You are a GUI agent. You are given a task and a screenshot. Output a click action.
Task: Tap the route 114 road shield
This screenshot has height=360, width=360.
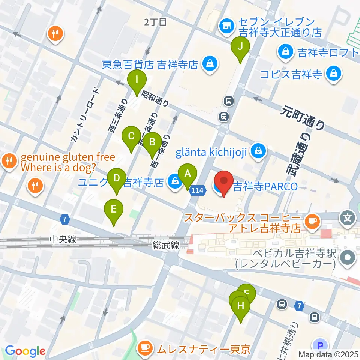[x=198, y=191]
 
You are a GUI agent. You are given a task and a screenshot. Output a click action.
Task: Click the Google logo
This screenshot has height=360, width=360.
[x=25, y=351]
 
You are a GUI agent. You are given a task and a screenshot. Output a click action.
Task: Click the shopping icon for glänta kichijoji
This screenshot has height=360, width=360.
[x=258, y=151]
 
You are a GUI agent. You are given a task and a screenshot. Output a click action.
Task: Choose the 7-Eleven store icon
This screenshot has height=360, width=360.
[x=226, y=25]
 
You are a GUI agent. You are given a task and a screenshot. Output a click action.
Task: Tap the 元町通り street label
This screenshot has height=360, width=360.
[x=304, y=118]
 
